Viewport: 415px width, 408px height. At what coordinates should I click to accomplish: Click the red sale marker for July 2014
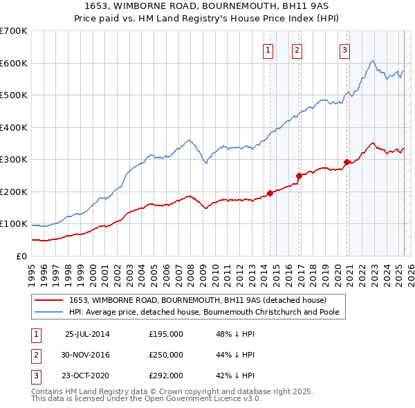coord(270,193)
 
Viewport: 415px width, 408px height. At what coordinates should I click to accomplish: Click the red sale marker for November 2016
coord(299,176)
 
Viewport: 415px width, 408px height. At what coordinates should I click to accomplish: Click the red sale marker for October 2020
coord(347,163)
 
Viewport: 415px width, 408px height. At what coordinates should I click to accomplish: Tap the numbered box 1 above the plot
coord(268,49)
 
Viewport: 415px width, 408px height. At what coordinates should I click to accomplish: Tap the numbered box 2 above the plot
coord(297,49)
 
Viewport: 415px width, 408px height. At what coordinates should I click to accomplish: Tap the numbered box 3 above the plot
coord(344,49)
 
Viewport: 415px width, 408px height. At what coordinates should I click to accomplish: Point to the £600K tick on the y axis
coord(14,63)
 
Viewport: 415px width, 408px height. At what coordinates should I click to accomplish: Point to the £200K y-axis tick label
coord(14,192)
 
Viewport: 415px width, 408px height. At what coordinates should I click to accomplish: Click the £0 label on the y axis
coord(21,256)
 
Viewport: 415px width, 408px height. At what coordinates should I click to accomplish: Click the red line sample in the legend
coord(48,300)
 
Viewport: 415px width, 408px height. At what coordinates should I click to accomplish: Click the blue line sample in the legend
coord(48,312)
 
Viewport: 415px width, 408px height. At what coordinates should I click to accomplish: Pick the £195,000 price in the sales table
coord(166,333)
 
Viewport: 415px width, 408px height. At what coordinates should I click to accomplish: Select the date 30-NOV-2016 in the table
coord(86,355)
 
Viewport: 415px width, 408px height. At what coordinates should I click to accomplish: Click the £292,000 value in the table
coord(166,375)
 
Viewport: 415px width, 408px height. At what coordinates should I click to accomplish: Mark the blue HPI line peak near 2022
coord(372,61)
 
